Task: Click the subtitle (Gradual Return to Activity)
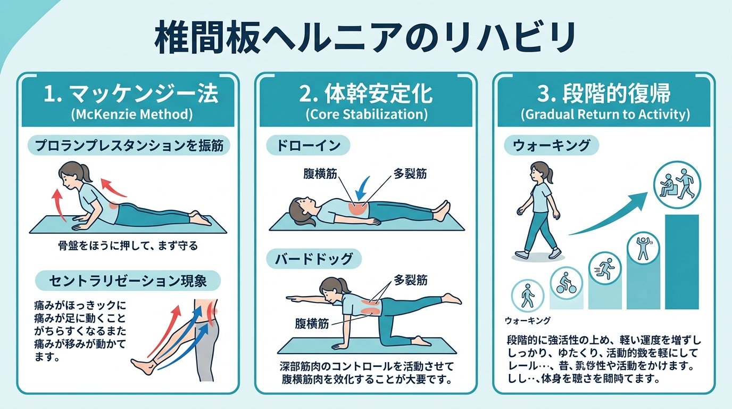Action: tap(605, 114)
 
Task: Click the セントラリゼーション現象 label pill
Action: tap(127, 280)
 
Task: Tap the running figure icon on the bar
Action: tap(605, 266)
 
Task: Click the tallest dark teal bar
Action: tap(681, 261)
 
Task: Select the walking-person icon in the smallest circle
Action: tap(527, 296)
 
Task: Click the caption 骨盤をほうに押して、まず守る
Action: tap(128, 246)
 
